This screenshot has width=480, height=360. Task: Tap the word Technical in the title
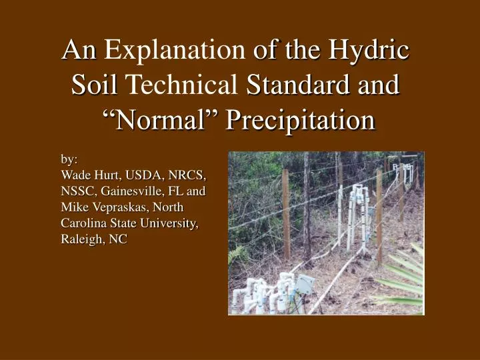[x=182, y=85]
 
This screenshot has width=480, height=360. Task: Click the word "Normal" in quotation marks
[x=161, y=121]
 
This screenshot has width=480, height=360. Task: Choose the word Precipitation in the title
[x=299, y=121]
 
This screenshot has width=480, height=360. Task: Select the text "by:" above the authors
[x=69, y=159]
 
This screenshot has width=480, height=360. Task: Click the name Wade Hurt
[x=89, y=176]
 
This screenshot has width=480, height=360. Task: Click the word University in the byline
[x=170, y=224]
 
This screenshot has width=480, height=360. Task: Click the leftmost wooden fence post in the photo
[x=285, y=213]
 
